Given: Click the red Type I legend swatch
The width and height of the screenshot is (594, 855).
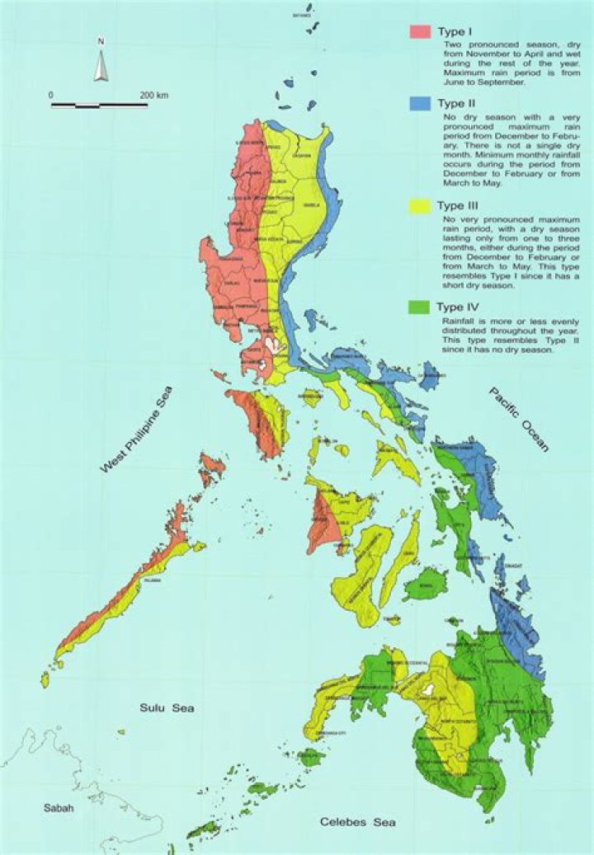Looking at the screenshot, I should [x=420, y=31].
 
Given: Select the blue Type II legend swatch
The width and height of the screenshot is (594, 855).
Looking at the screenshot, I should [x=420, y=105].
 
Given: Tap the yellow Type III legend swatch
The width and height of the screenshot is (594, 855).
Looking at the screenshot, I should [x=420, y=206].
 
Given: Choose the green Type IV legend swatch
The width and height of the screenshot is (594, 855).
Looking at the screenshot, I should [x=420, y=308].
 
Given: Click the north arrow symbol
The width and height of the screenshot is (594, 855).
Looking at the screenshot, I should [x=101, y=65].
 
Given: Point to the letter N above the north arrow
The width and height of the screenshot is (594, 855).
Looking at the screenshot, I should [x=101, y=40].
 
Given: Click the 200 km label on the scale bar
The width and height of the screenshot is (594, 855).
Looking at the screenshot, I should [x=153, y=96].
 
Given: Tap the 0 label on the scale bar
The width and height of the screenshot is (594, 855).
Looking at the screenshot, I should [x=51, y=96].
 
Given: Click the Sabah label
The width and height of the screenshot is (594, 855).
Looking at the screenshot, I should [x=59, y=808].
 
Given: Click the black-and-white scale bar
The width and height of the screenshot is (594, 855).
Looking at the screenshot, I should [x=99, y=106].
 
